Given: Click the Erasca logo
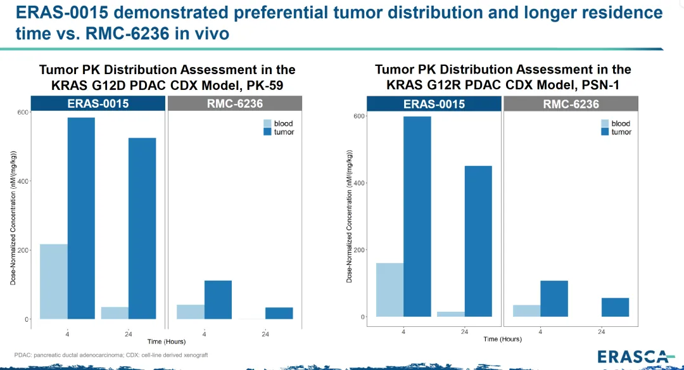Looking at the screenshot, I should point(636,357).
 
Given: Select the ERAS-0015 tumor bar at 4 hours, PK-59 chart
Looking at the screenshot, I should point(81,218).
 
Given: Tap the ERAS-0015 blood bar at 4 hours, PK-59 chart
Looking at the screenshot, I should point(54,281).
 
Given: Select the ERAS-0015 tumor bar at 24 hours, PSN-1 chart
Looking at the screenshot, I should point(478,241).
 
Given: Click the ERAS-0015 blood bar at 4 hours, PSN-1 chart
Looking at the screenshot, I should point(390,290).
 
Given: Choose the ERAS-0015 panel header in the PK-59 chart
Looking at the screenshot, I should point(98,103).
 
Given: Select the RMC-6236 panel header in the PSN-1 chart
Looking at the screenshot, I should point(571,104).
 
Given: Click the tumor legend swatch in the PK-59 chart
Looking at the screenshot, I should point(267,132).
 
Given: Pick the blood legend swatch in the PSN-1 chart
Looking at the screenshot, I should point(605,123).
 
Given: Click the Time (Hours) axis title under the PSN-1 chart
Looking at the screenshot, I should point(502,339).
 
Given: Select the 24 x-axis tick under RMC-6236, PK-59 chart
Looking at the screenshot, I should point(265,334).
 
